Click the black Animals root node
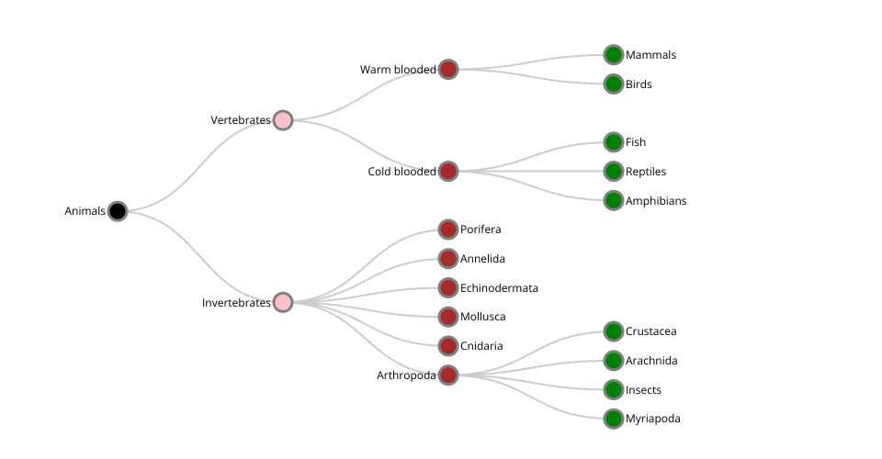[117, 211]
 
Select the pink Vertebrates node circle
[283, 120]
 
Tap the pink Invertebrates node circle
[283, 302]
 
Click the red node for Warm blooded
[448, 69]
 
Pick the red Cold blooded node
[448, 171]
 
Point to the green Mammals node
[614, 55]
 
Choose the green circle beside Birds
[614, 84]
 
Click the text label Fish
[636, 142]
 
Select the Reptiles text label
[646, 172]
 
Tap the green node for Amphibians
[614, 200]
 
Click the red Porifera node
[448, 229]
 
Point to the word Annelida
[482, 259]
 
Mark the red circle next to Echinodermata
[448, 287]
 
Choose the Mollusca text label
[482, 317]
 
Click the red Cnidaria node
[448, 346]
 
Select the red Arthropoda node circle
[448, 375]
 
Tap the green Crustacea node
[614, 331]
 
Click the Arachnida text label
[651, 361]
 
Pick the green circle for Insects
[614, 389]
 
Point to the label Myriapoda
[653, 419]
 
